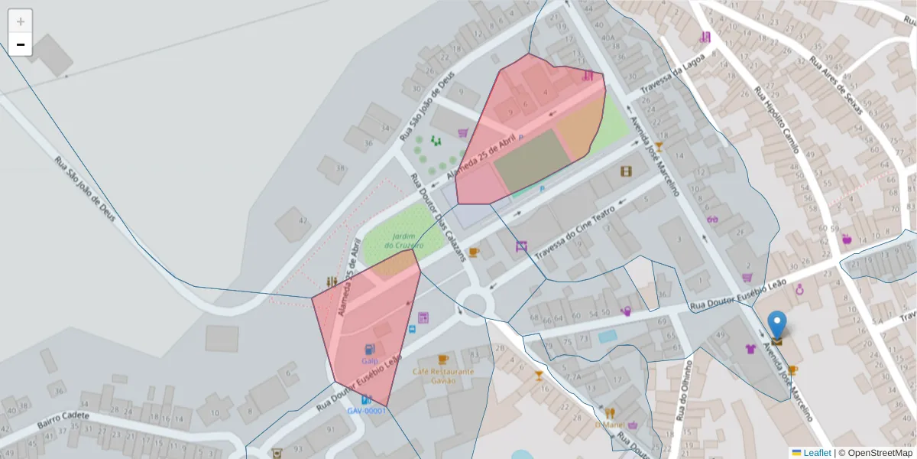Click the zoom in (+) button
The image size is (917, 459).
pos(21,21)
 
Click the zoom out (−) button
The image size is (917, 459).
pos(21,44)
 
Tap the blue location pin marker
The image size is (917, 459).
pos(777,326)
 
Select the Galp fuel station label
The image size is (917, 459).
pos(371,360)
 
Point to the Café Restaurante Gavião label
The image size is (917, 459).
pos(443,376)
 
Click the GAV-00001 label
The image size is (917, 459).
pos(367,411)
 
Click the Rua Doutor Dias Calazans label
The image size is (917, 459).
pos(439,218)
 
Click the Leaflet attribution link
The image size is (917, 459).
pos(816,453)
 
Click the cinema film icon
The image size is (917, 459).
pos(627,171)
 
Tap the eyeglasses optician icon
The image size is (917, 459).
pos(712,220)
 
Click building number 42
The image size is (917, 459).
pos(303,221)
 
